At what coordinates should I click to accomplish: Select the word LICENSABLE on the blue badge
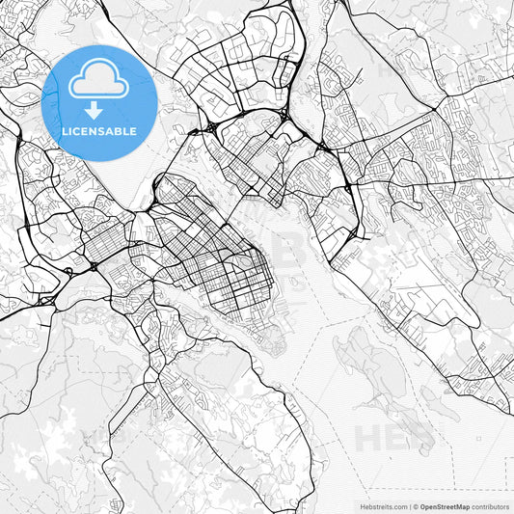99,130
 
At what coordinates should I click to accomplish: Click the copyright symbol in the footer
416,505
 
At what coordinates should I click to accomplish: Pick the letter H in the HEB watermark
366,437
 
